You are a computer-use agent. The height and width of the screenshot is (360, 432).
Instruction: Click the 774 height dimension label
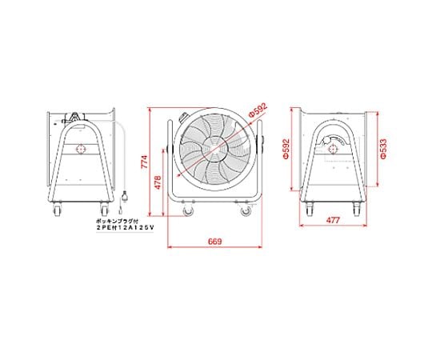pos(144,162)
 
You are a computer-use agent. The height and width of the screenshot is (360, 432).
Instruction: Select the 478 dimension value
pos(158,182)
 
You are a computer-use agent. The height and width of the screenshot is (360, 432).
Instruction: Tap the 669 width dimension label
pos(214,242)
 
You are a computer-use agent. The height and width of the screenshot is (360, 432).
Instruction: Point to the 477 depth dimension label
pos(333,220)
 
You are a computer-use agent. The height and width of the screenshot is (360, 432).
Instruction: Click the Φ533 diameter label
pos(383,149)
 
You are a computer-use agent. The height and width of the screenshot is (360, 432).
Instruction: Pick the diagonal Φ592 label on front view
pos(258,110)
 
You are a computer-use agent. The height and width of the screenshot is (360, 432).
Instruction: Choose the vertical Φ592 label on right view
pos(286,149)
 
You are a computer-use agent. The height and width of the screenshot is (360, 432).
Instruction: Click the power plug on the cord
pos(125,197)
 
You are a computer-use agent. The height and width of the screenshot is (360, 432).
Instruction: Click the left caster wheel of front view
pos(189,211)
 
